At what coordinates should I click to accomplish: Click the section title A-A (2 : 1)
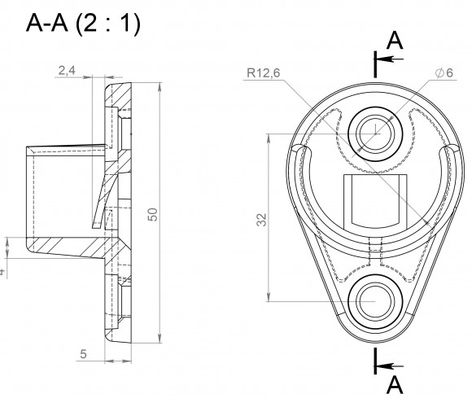[x=83, y=24]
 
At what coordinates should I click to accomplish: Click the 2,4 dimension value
[x=67, y=71]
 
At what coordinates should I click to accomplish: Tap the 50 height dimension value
[x=153, y=214]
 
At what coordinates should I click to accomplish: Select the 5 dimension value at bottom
[x=83, y=354]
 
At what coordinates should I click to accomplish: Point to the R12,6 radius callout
[x=263, y=72]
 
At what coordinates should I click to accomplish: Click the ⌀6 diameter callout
[x=444, y=72]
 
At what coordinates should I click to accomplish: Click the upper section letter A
[x=395, y=41]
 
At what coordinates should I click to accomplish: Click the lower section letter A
[x=395, y=385]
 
